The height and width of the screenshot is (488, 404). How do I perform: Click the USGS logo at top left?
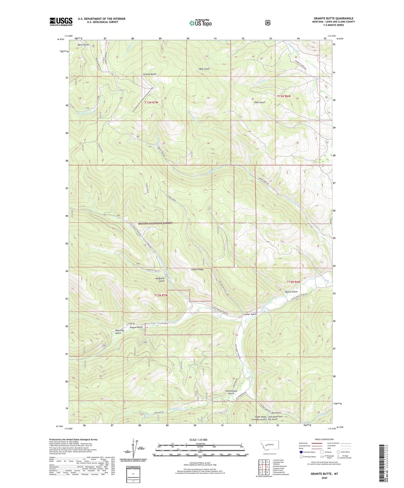[61, 21]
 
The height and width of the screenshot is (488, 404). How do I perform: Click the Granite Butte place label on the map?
[150, 74]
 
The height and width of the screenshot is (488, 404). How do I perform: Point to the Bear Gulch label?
[204, 69]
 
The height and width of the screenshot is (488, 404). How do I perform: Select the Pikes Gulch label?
[259, 102]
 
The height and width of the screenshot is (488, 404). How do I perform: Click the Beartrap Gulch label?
[118, 331]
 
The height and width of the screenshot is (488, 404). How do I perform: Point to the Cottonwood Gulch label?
[231, 392]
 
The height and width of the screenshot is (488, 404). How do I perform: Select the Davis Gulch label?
[83, 45]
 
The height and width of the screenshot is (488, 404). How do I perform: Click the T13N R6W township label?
[284, 96]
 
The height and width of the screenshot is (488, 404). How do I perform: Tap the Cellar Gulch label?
[250, 314]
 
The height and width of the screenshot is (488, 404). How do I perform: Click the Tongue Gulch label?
[136, 327]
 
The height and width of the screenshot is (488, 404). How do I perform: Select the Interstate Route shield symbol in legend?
[301, 452]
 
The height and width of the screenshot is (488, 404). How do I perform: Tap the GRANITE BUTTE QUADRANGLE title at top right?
[333, 18]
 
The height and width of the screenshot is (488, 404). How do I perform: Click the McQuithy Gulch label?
[160, 279]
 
